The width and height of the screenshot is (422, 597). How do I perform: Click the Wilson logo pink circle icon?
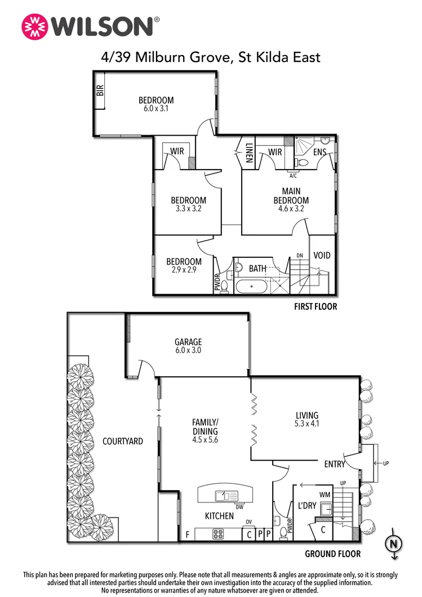[33, 26]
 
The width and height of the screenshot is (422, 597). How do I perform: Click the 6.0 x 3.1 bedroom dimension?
[156, 109]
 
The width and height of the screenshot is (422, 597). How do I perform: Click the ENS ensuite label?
[321, 152]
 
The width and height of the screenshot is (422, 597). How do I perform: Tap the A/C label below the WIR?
[292, 175]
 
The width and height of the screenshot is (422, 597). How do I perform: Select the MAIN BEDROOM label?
[291, 196]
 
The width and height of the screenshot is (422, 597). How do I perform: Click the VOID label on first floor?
[322, 255]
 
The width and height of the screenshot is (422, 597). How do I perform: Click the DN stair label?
[300, 256]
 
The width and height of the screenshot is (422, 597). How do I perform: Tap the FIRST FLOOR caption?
[316, 307]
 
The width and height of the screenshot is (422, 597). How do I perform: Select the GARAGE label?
[188, 342]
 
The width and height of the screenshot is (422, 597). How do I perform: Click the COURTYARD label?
[122, 442]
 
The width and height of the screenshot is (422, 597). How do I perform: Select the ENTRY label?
[334, 464]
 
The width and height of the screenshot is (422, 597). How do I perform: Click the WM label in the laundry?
[325, 494]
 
